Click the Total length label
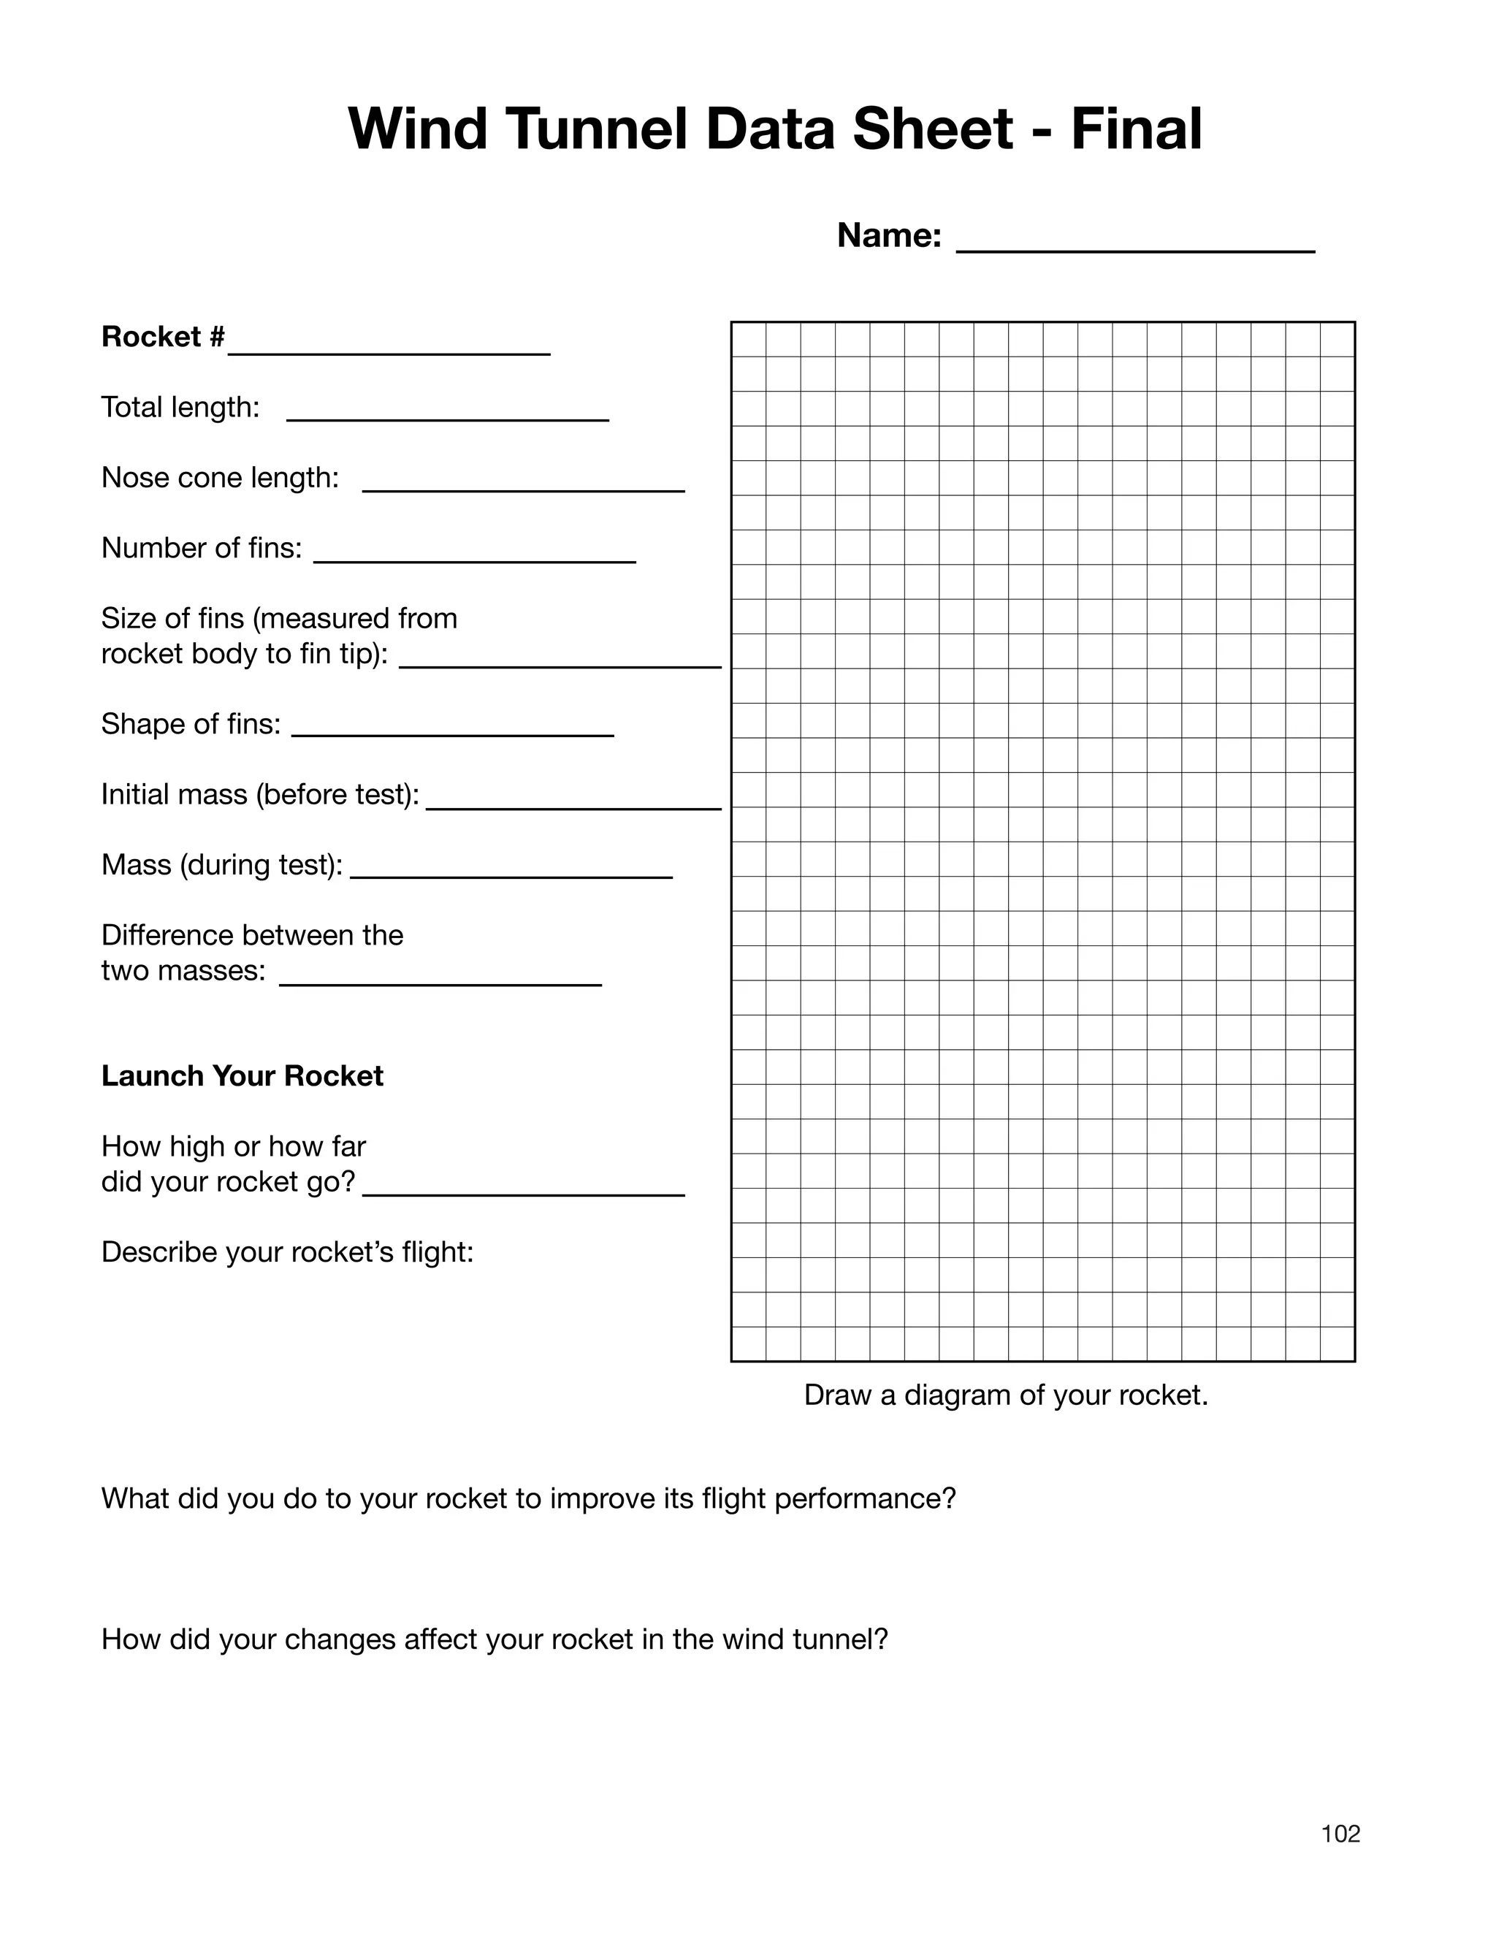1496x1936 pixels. (180, 408)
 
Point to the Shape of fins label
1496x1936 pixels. (191, 724)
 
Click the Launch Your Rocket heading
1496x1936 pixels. (242, 1076)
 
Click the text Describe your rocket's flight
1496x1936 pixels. (287, 1252)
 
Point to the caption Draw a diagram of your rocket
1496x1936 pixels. (1006, 1395)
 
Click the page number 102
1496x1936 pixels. (1340, 1834)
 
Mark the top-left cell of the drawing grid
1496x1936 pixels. (749, 340)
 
